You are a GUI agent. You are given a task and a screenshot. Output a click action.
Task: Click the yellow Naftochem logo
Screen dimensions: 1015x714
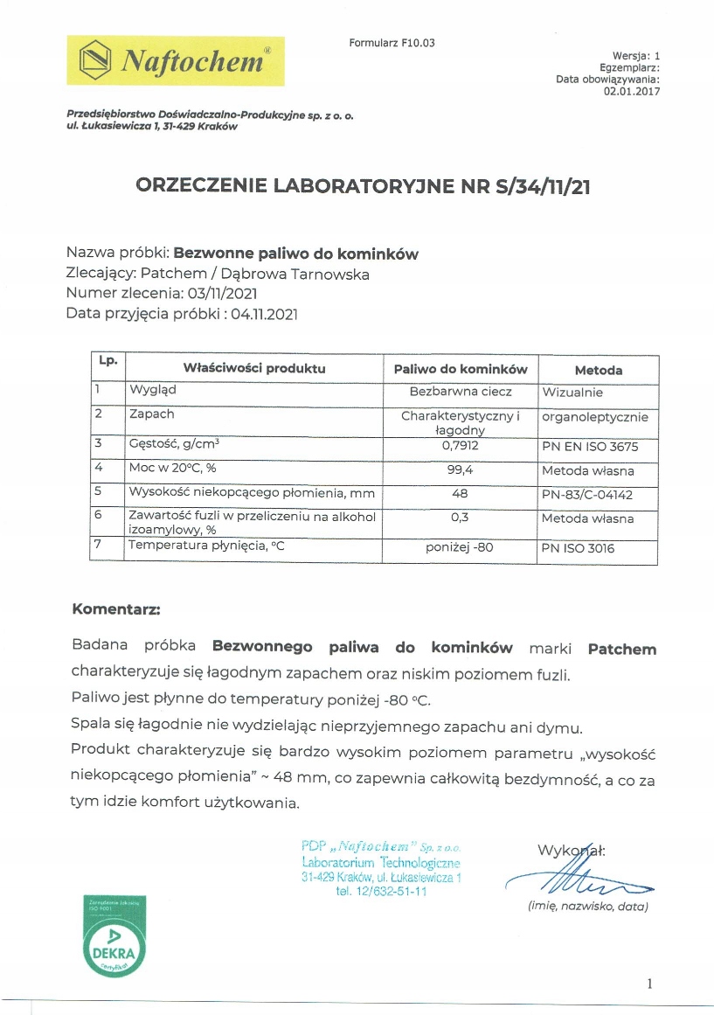point(175,60)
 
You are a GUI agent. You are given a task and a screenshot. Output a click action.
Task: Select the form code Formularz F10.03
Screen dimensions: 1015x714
point(392,43)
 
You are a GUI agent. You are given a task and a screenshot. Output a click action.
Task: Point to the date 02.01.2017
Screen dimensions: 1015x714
point(632,91)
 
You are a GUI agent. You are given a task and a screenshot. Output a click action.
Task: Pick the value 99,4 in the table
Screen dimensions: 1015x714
point(461,471)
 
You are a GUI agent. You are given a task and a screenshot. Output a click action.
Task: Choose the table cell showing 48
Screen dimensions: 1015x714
point(461,494)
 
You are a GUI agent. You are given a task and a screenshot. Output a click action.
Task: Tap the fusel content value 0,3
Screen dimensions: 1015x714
point(461,518)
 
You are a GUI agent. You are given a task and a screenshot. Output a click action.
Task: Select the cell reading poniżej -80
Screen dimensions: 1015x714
point(461,547)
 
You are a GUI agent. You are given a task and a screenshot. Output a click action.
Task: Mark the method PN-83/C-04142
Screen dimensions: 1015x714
point(592,495)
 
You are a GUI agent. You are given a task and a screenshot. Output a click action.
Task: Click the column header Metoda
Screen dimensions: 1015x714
point(599,370)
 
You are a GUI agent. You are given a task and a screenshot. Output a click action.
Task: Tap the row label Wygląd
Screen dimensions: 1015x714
point(153,391)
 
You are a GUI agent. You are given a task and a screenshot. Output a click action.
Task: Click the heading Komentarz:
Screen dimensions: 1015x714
point(116,608)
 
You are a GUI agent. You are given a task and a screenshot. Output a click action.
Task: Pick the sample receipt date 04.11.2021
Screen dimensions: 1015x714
point(265,314)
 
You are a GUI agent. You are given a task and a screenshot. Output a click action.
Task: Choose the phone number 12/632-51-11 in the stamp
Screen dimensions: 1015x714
point(381,893)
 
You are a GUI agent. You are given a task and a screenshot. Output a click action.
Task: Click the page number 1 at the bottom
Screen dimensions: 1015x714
point(649,984)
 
